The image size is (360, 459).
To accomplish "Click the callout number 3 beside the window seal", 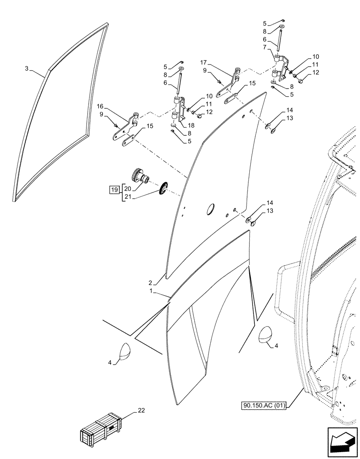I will (27, 68).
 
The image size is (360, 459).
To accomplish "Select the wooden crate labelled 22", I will (101, 430).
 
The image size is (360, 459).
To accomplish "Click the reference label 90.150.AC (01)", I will (263, 405).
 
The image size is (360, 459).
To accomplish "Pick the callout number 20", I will (127, 188).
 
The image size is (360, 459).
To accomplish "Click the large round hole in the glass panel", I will (210, 209).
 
